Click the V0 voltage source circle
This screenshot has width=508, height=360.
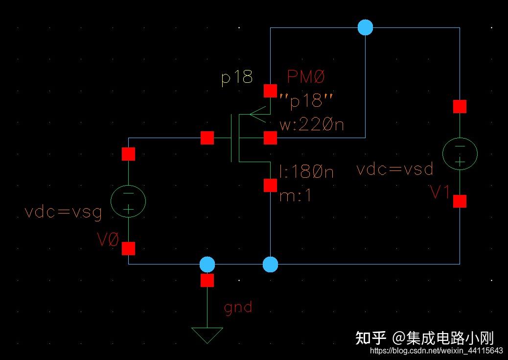[128, 201]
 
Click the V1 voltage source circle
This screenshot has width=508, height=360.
[460, 153]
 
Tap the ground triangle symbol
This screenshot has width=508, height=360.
[207, 335]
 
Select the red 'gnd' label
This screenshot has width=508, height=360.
[238, 307]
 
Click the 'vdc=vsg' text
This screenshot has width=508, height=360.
[64, 213]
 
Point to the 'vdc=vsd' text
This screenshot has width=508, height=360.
[395, 169]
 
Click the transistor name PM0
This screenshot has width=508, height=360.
[306, 77]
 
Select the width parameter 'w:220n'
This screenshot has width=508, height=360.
[312, 125]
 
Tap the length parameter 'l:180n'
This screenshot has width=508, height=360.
[306, 172]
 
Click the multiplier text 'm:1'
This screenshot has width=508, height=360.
[295, 196]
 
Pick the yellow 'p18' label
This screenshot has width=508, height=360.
[237, 77]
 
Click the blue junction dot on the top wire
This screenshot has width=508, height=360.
[365, 27]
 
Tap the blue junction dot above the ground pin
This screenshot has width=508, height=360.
[208, 264]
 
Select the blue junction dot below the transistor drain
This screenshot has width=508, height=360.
[270, 264]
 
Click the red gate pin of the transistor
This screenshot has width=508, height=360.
[208, 139]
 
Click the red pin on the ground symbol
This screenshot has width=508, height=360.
[208, 281]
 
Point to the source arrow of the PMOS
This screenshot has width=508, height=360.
[258, 115]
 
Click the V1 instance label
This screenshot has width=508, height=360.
[439, 193]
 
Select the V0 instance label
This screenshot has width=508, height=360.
[108, 240]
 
